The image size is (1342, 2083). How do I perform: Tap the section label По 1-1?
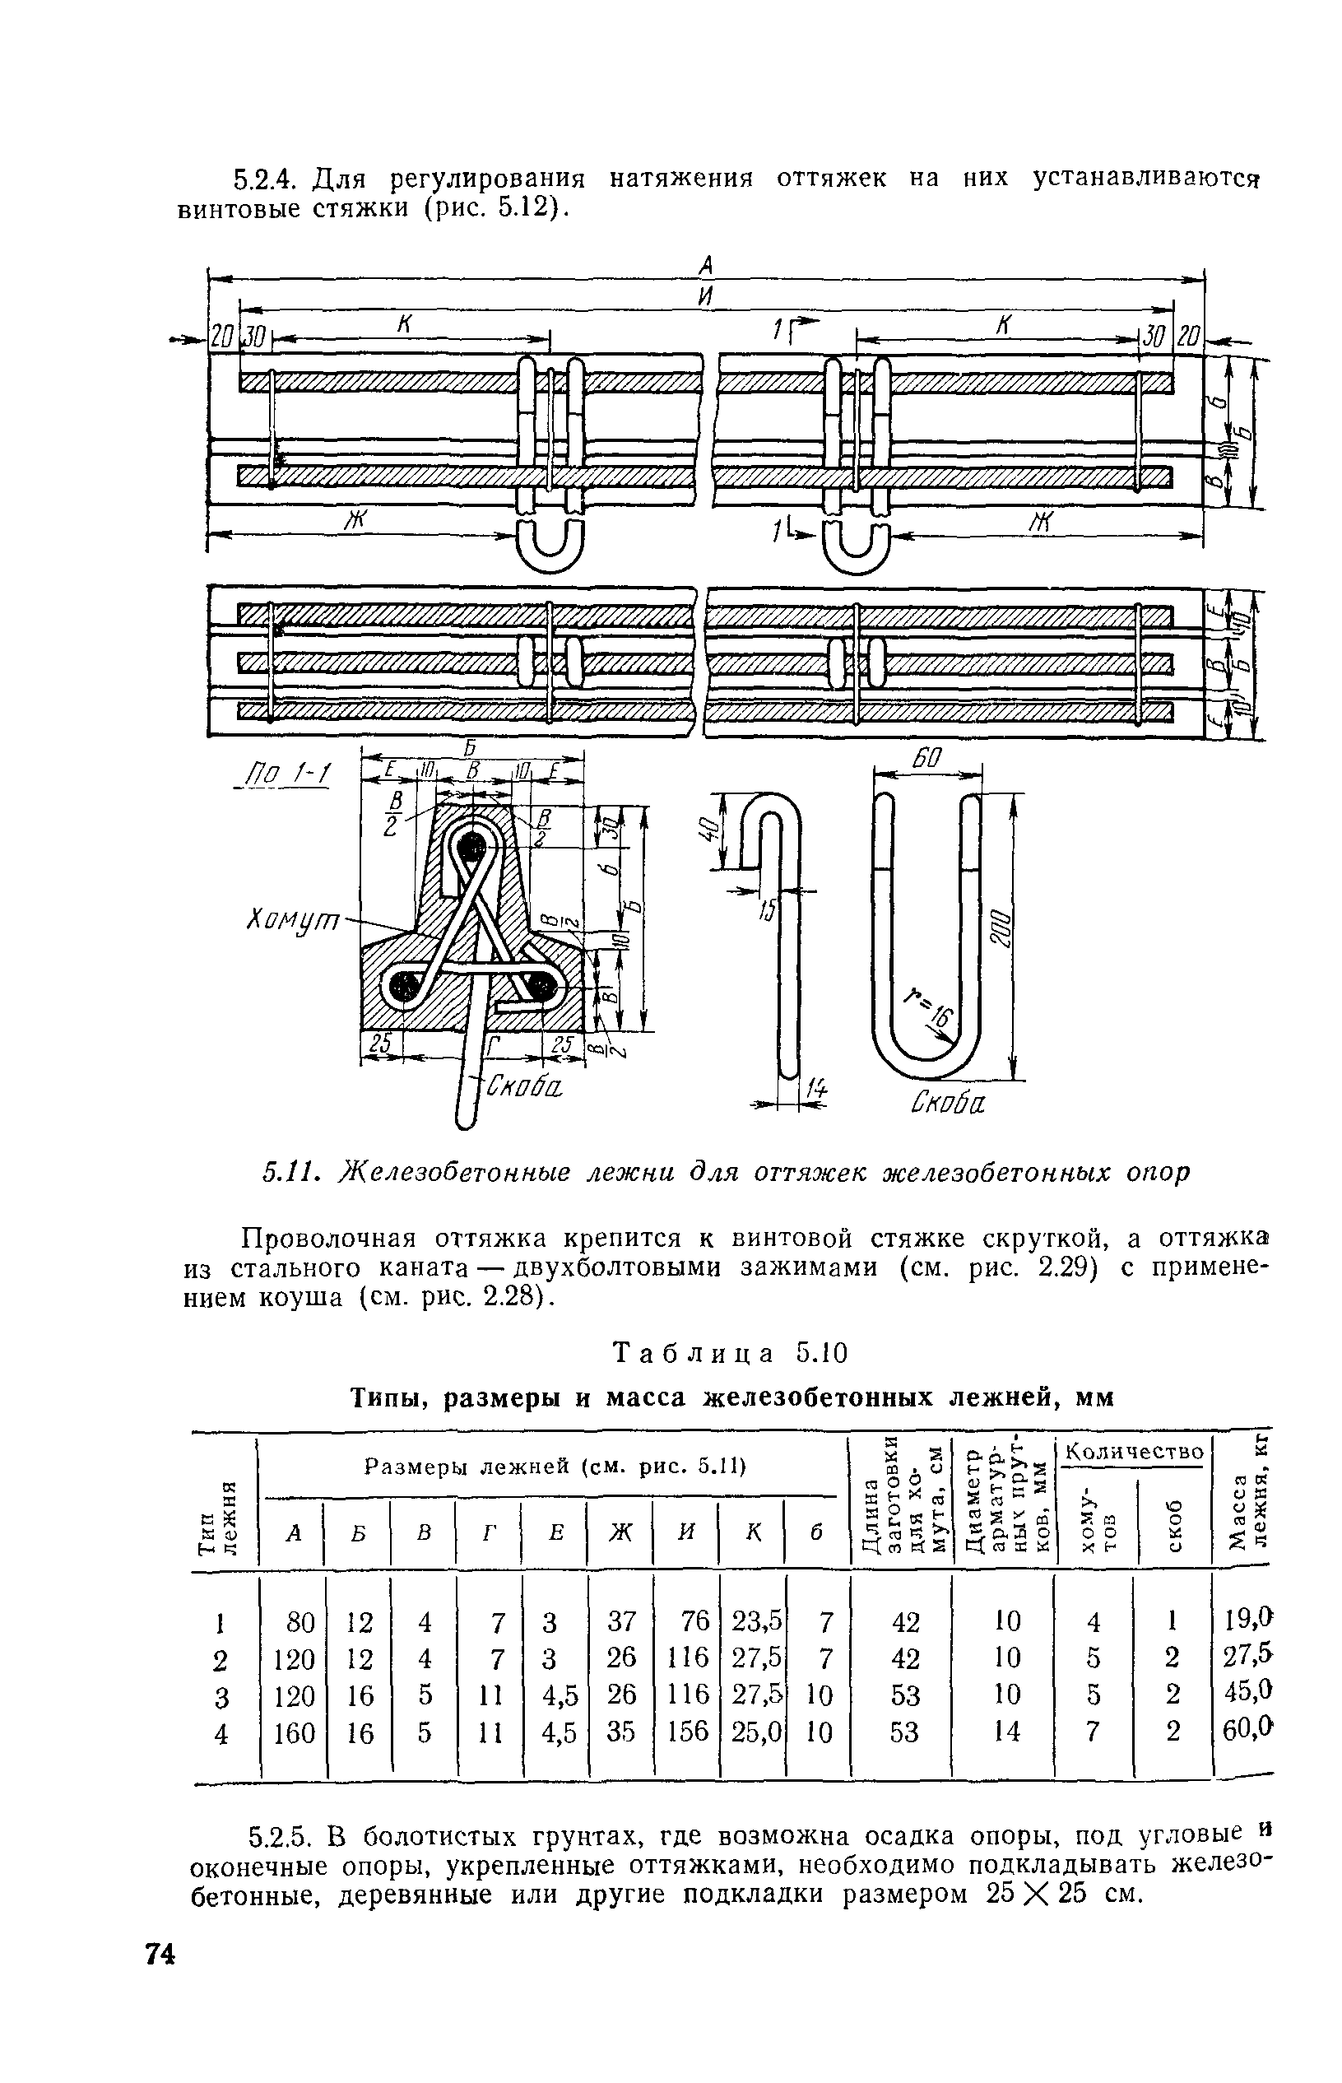(283, 773)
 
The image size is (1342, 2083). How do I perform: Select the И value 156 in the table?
(688, 1730)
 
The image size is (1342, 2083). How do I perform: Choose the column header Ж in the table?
(620, 1532)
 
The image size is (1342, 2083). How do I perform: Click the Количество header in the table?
(1135, 1452)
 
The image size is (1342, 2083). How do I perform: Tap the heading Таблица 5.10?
(731, 1354)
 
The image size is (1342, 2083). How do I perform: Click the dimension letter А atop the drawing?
(707, 263)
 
